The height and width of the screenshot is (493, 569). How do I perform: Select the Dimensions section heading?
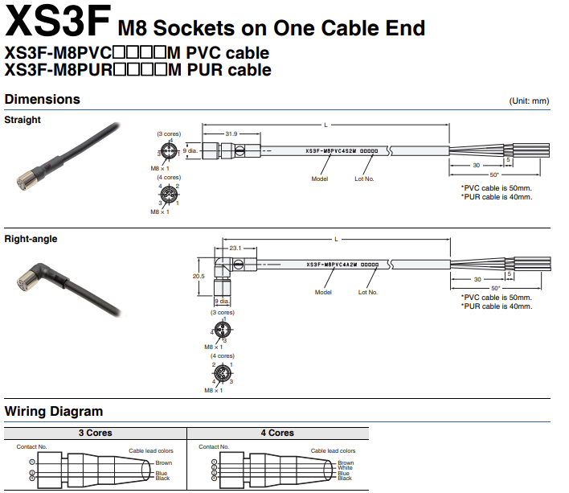click(43, 100)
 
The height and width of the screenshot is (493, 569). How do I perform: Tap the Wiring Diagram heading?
click(54, 412)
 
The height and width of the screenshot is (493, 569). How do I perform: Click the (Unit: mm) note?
click(529, 101)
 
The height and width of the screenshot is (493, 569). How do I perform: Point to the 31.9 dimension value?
click(231, 134)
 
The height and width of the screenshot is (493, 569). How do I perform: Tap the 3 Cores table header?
click(95, 433)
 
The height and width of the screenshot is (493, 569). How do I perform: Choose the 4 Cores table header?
click(277, 433)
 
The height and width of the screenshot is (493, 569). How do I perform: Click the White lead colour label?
click(345, 468)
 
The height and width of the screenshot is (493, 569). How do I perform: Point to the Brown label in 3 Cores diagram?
click(163, 463)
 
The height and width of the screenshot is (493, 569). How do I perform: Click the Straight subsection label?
click(23, 120)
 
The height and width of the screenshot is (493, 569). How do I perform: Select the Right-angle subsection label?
click(31, 239)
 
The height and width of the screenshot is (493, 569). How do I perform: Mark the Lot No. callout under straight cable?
click(364, 179)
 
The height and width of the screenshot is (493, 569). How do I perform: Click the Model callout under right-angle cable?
click(323, 292)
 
